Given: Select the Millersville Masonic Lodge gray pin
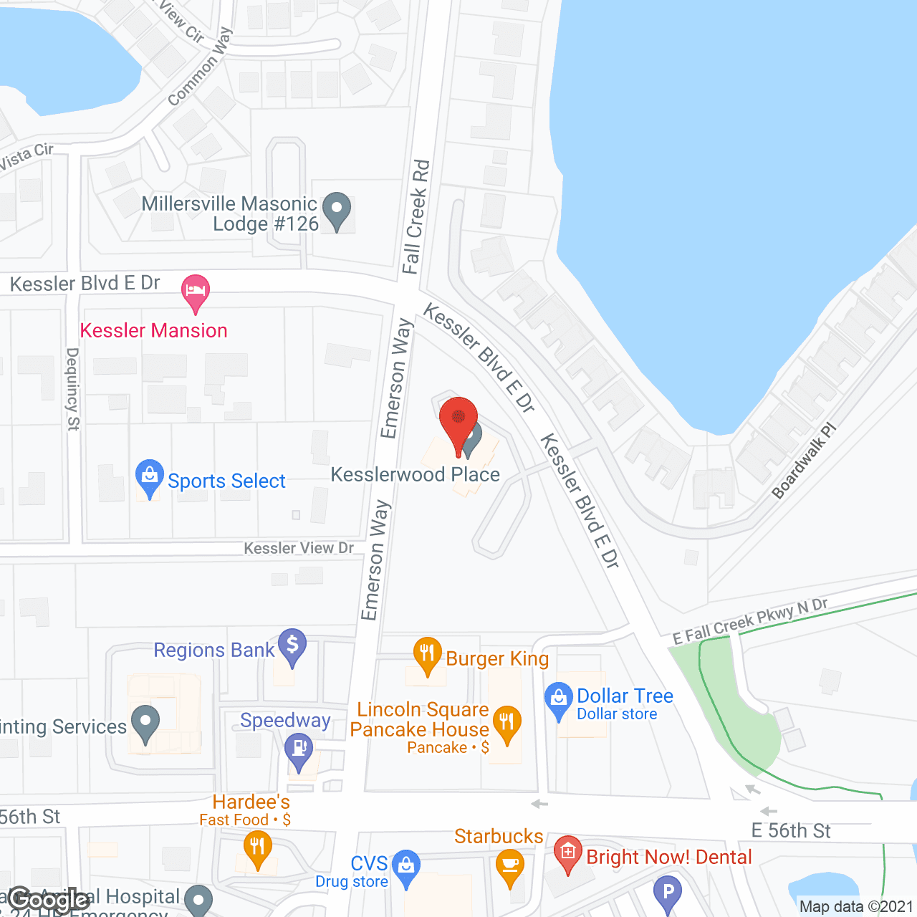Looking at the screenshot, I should [x=337, y=210].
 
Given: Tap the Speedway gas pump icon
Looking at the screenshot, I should [x=299, y=751].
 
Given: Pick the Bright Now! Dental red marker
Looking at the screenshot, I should [x=568, y=853].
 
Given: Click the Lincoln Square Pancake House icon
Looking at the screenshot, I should [x=506, y=724].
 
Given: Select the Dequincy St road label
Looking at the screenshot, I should [x=72, y=389].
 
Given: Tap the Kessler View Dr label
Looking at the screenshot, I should [x=299, y=548].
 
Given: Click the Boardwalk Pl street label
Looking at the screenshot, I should [x=804, y=461].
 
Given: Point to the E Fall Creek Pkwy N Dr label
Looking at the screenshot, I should [x=750, y=620].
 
